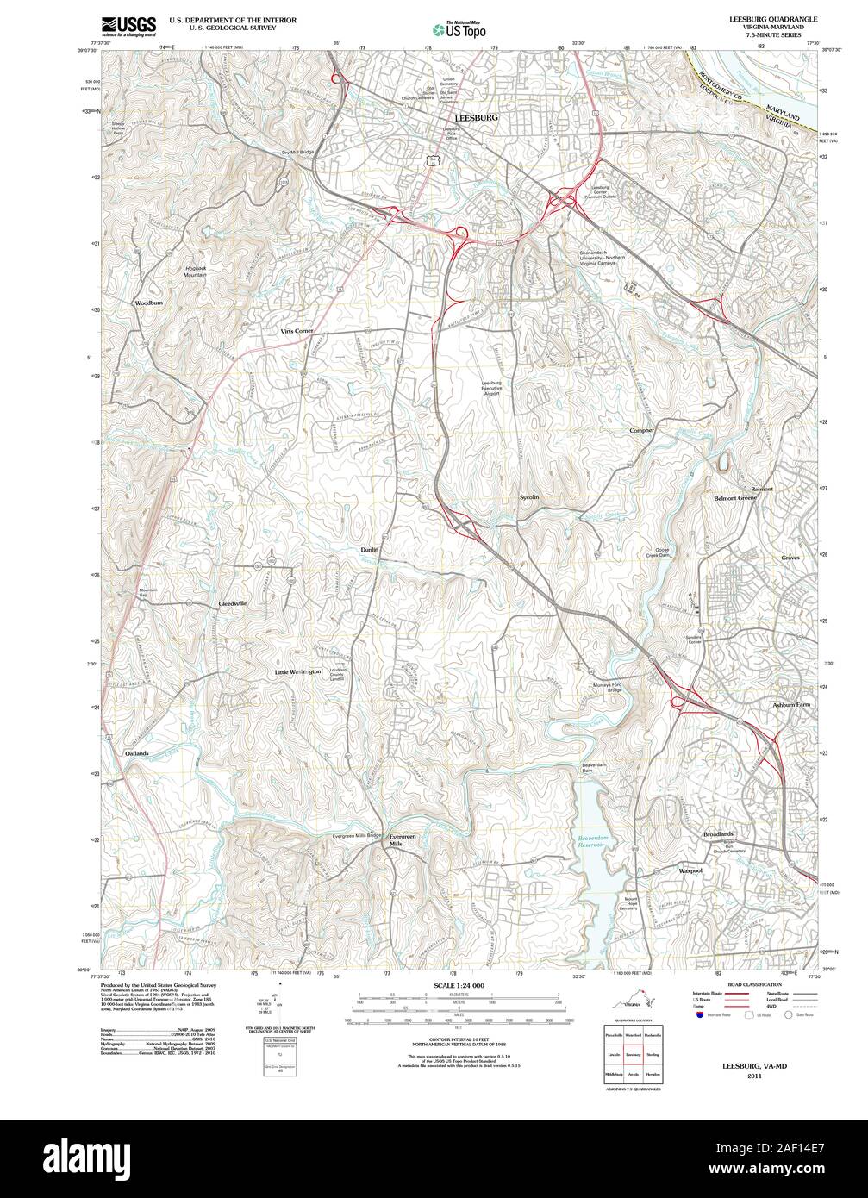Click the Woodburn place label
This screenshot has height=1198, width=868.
point(148,303)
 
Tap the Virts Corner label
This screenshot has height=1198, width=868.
point(297,331)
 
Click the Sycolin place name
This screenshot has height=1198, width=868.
point(529,497)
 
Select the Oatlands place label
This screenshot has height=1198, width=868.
point(137,753)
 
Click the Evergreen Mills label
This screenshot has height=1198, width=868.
point(402,840)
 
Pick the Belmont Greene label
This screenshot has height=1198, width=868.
point(734,498)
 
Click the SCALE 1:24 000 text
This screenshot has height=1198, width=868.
point(459,984)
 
